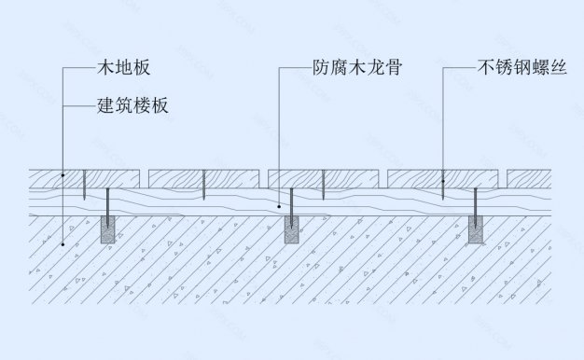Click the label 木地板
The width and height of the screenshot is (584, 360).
coord(124,68)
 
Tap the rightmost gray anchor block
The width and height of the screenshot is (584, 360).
coord(477,231)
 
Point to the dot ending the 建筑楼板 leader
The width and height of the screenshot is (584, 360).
coord(63,244)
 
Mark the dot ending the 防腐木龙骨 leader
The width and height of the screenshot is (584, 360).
coord(279,203)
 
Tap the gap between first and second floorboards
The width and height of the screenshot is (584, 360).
coord(146,175)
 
